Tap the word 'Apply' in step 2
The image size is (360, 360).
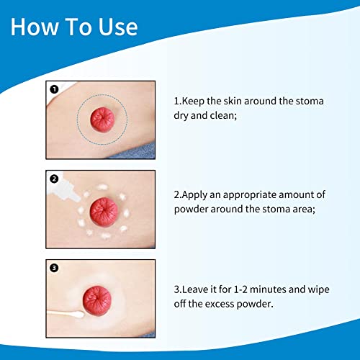point(197,194)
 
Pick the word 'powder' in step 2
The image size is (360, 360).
point(192,211)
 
